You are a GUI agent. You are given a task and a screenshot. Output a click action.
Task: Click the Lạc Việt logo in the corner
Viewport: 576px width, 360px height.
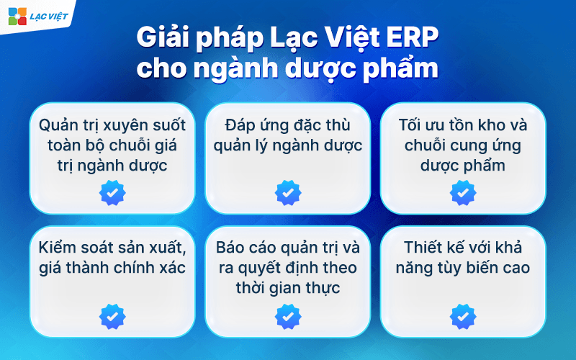37,15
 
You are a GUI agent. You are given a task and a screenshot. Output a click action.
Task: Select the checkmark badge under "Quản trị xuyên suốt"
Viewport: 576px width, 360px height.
112,193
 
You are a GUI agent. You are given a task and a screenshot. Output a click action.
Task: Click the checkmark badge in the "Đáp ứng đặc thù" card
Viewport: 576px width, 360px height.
288,193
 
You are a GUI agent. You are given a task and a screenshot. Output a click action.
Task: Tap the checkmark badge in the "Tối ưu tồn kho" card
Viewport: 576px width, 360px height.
463,193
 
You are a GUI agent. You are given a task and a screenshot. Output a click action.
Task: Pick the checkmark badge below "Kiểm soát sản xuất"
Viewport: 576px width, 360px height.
112,316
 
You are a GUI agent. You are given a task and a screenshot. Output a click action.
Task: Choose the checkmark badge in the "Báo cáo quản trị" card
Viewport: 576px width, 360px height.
288,316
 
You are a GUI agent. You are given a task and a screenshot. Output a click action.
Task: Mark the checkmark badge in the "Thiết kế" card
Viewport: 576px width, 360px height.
463,316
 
